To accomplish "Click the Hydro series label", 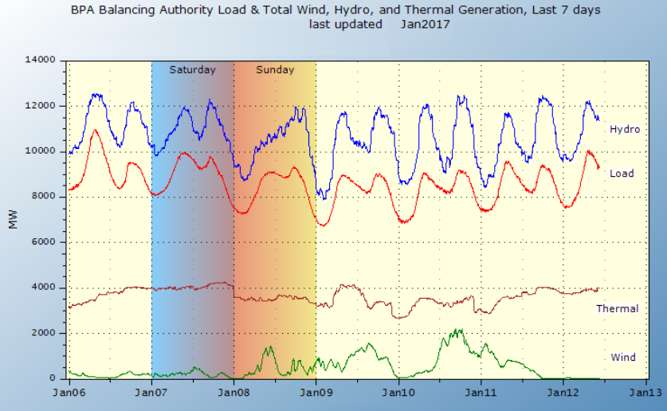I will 625,129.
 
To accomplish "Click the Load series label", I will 622,174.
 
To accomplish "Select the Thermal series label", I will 617,308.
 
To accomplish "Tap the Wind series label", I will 622,357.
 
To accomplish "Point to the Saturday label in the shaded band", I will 192,70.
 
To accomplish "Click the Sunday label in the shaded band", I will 275,70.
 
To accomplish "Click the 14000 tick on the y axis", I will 39,60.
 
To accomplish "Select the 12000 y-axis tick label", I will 39,105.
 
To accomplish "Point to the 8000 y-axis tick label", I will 42,197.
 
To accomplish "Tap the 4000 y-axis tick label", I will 42,288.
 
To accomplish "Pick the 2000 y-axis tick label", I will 42,333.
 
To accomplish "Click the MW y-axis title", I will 13,219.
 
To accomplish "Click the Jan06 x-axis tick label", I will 69,393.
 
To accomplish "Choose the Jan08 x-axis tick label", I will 233,393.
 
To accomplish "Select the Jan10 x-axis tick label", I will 398,393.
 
